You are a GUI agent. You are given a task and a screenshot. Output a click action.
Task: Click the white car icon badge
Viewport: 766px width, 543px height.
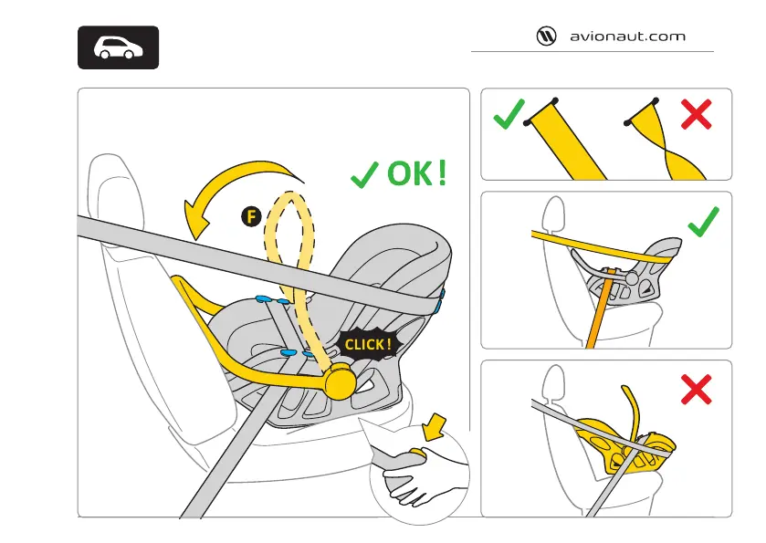[x=116, y=47]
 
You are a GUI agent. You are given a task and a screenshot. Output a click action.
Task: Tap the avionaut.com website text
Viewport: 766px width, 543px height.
[x=626, y=37]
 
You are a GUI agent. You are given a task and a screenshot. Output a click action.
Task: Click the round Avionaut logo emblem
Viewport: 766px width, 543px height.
[x=546, y=37]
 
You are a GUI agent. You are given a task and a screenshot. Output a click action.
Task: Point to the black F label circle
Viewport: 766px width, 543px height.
[x=251, y=216]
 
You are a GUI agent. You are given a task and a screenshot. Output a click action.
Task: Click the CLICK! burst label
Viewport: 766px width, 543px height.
[x=368, y=344]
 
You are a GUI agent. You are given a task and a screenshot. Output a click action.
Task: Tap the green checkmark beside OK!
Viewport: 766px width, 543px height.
[x=365, y=174]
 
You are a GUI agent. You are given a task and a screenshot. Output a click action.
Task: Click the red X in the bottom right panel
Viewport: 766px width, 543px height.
[x=697, y=390]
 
